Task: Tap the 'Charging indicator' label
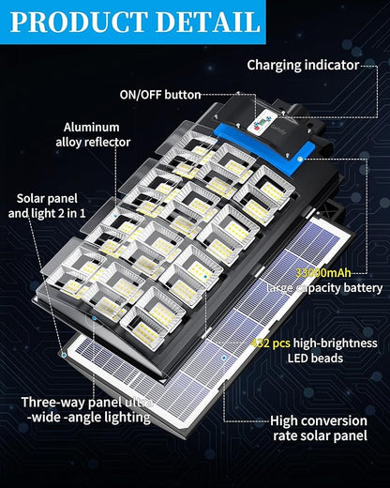tap(303, 65)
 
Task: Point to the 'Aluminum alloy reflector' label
tap(91, 134)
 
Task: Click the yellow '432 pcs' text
tap(288, 343)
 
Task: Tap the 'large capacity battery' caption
tap(324, 288)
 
